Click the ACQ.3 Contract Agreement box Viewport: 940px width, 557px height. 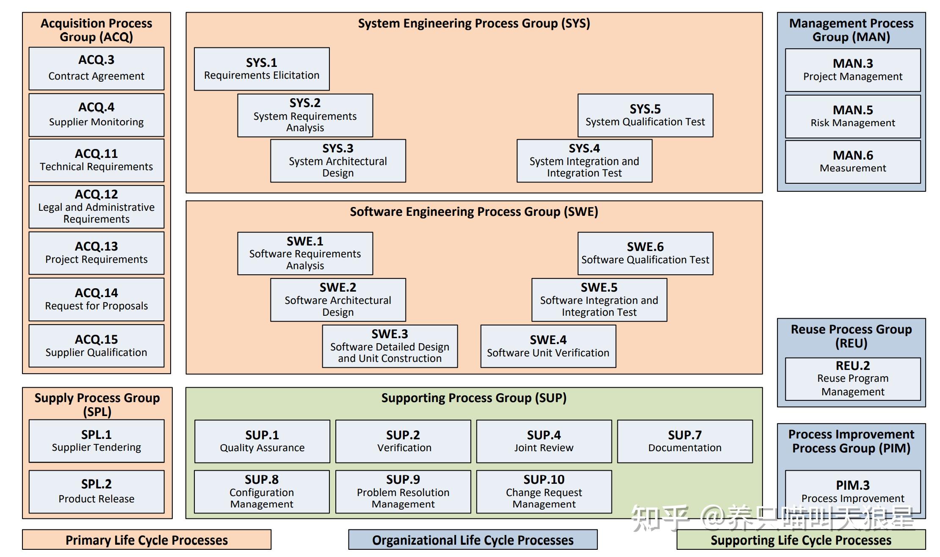[96, 68]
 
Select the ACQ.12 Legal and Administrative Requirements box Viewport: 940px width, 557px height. [96, 207]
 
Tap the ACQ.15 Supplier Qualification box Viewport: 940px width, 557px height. [96, 345]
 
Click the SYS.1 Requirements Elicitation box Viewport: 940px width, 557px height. [261, 69]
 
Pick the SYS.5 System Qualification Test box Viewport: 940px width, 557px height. [645, 115]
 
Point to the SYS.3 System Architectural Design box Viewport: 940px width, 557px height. [337, 161]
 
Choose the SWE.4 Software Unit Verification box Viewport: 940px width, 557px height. [548, 346]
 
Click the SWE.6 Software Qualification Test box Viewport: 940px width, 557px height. [645, 253]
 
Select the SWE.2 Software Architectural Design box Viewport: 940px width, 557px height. [337, 300]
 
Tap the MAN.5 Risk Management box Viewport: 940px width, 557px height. [852, 116]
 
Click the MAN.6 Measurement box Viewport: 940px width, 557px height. [852, 162]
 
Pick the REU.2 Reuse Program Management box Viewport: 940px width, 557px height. [852, 379]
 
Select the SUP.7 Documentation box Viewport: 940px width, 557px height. [684, 441]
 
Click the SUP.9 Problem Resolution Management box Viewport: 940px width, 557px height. [403, 491]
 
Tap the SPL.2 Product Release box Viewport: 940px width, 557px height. [96, 491]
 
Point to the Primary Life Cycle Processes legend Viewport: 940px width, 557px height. [147, 540]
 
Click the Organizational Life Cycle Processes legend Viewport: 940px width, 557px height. [473, 540]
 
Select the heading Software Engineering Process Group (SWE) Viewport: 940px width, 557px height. [473, 212]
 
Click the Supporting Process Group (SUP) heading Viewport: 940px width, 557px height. [473, 398]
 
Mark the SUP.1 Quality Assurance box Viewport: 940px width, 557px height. [262, 441]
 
